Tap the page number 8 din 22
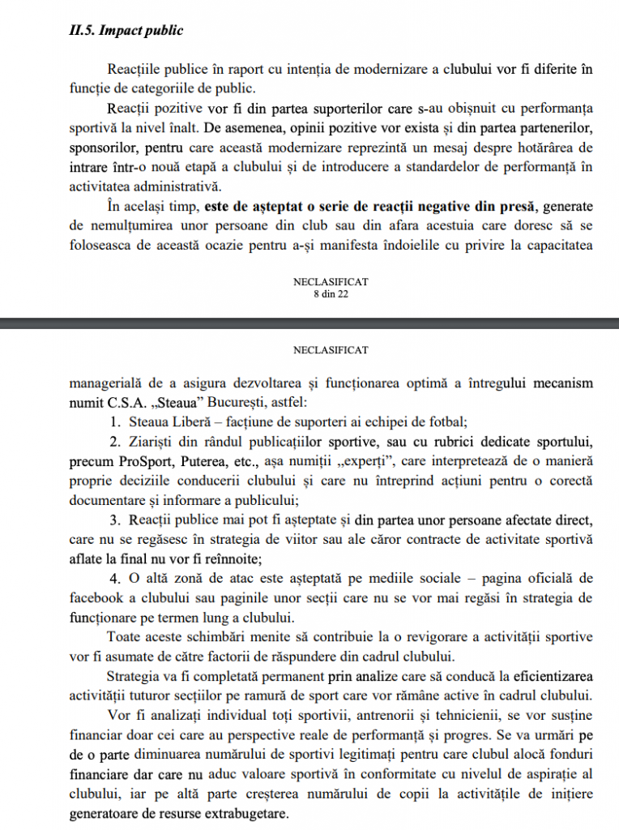[x=331, y=293]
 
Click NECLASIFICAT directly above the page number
[x=331, y=281]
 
